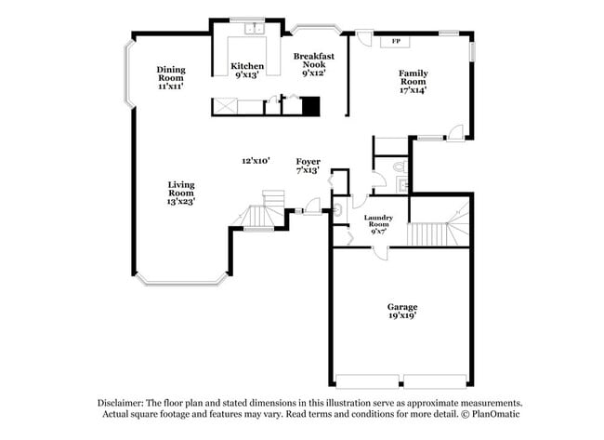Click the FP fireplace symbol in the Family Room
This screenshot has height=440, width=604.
(396, 41)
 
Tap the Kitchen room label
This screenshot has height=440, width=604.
(247, 66)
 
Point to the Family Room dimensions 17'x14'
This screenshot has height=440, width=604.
(414, 90)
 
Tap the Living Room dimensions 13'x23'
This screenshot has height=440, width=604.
(181, 200)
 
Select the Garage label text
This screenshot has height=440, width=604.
(402, 306)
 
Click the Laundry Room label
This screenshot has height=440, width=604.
(378, 220)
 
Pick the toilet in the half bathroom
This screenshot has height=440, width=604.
(399, 167)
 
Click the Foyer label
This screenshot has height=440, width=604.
(309, 161)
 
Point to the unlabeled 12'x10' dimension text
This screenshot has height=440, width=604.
(256, 161)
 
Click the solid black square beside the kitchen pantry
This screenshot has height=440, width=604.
(311, 106)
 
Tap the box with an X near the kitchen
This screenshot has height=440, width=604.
(225, 106)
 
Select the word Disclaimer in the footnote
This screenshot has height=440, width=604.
(124, 403)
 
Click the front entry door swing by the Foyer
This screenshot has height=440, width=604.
(313, 205)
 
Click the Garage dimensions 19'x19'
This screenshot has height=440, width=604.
(402, 316)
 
